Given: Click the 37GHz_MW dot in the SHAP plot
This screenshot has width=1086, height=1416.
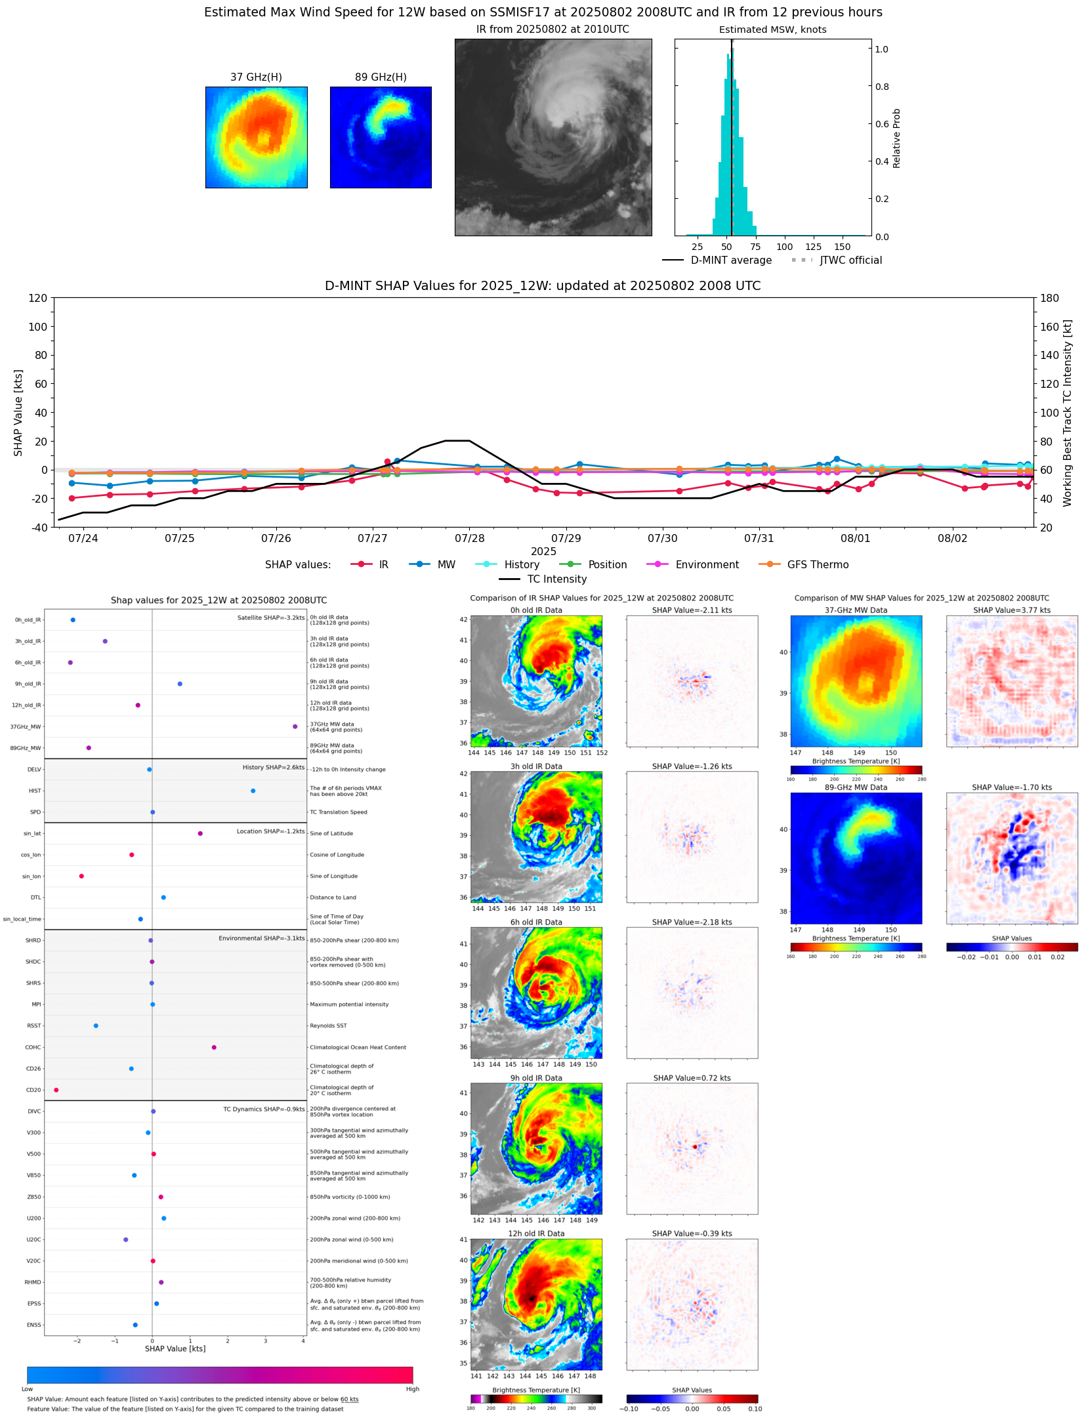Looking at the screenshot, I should [295, 726].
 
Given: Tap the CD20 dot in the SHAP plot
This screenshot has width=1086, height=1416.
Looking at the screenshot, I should [56, 1090].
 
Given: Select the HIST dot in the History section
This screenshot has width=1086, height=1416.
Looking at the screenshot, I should [253, 791].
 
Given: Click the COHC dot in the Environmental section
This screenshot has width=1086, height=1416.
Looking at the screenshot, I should [214, 1047].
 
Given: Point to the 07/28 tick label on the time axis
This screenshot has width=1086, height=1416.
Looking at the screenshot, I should [469, 538].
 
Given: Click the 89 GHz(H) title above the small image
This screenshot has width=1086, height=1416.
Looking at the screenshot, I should [381, 77].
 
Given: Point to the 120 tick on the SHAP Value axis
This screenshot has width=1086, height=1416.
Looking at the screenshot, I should [38, 298].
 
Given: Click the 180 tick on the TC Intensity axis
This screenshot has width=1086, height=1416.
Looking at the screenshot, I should [1049, 298].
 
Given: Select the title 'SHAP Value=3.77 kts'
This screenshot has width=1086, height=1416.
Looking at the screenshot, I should [1011, 610].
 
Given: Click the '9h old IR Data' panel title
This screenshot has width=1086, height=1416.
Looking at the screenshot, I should [536, 1078].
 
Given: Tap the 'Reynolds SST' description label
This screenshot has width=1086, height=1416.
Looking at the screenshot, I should [328, 1026].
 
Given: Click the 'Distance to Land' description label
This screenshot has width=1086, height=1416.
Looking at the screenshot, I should [333, 898].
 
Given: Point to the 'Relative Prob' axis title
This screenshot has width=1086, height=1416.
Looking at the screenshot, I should [896, 138].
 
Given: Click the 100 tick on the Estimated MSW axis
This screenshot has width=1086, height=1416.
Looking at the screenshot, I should [784, 247].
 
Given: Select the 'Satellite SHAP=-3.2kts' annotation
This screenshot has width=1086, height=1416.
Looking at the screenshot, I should [270, 617].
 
